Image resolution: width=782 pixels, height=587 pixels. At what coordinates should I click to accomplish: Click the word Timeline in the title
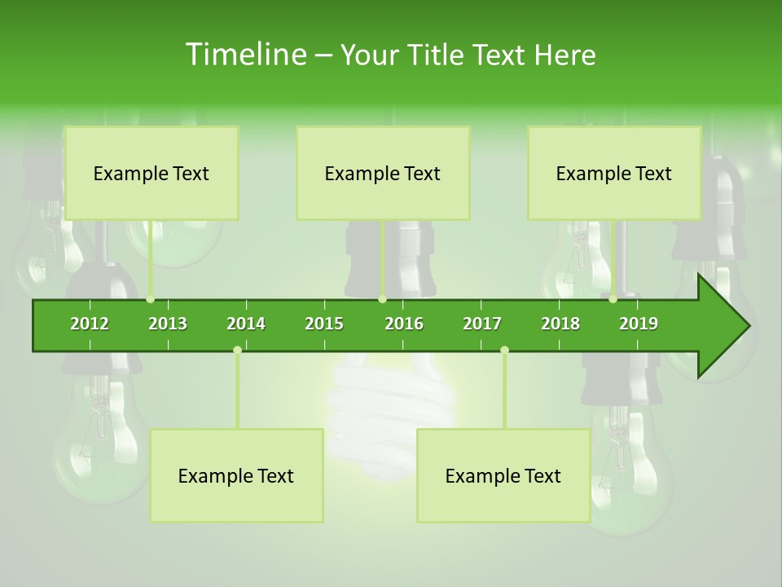[245, 55]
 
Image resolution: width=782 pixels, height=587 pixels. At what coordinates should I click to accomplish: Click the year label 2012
[90, 324]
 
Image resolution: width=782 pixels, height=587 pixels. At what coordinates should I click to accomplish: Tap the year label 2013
[168, 324]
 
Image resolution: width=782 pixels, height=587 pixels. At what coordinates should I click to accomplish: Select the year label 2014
[246, 324]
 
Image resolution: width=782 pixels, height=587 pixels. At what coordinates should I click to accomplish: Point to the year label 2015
[324, 324]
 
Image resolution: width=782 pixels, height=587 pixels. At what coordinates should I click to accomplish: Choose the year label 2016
[404, 324]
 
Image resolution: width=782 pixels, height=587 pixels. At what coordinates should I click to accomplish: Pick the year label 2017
[482, 324]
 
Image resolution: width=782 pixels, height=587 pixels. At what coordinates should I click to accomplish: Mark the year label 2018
[560, 324]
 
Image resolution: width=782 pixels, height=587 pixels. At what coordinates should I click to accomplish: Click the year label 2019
[639, 324]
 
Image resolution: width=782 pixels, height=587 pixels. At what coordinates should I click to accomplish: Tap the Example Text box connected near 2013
[152, 174]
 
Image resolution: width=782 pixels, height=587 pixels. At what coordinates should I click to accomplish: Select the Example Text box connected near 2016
[383, 174]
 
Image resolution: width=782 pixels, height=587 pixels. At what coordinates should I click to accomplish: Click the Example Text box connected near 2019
[614, 174]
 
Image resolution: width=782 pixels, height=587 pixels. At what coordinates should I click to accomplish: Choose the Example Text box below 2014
[236, 476]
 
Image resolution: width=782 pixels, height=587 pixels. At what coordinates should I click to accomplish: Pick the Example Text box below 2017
[503, 476]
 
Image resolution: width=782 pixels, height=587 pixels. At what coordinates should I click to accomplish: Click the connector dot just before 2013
[150, 299]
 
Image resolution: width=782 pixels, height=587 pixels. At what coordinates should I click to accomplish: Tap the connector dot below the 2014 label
[237, 350]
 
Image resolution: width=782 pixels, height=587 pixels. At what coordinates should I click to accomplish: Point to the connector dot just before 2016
[382, 299]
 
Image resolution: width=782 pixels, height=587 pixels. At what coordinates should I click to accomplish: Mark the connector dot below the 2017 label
[504, 350]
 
